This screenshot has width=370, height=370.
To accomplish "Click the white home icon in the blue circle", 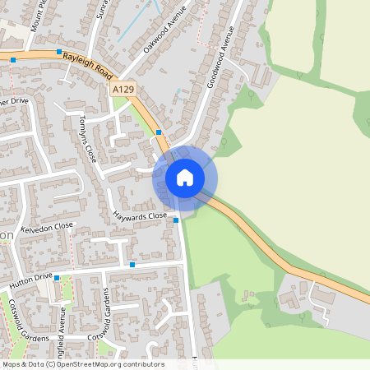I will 185,178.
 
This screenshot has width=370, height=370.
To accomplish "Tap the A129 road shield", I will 123,89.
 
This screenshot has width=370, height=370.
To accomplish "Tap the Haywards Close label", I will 141,217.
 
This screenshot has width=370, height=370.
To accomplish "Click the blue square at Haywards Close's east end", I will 175,220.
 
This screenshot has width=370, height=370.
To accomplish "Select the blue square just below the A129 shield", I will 158,132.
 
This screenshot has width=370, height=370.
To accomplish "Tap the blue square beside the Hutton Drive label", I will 57,278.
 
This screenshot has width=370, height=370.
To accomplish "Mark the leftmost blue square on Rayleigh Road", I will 14,60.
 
